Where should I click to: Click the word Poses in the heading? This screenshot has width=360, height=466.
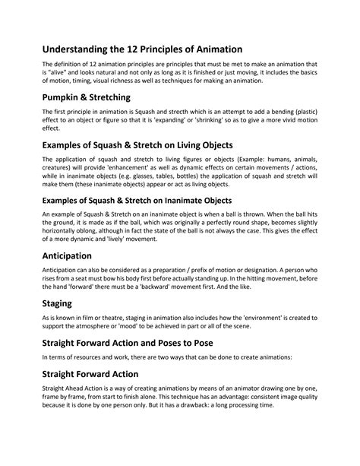coord(188,364)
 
